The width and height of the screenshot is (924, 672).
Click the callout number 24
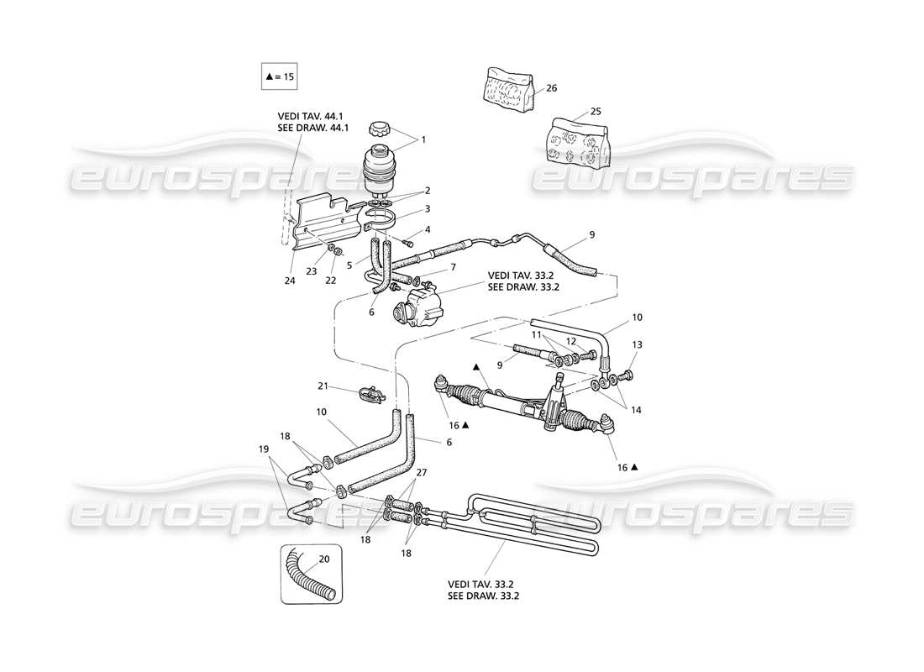point(289,281)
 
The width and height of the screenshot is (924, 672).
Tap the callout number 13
point(638,345)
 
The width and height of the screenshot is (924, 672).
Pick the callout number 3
point(427,208)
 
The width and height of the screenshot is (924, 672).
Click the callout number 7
point(452,267)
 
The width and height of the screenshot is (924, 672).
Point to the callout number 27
point(421,472)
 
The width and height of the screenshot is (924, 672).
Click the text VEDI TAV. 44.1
point(312,116)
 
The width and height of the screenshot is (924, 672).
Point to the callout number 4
point(427,229)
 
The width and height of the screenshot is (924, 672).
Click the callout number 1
point(423,139)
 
